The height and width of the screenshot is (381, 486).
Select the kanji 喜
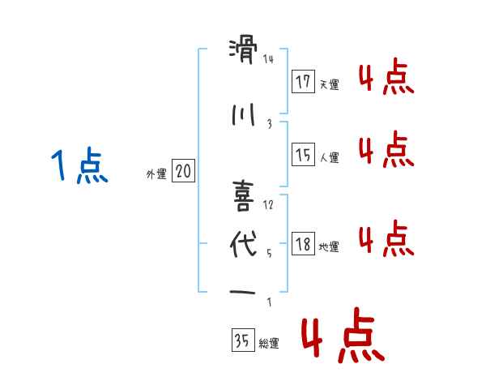pos(244,194)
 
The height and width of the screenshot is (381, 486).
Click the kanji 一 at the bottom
pos(244,292)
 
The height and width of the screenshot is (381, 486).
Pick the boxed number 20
pos(183,171)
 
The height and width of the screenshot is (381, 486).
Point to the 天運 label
pos(329,83)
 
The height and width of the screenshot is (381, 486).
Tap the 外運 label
pos(156,173)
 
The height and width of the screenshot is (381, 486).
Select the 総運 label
pos(269,344)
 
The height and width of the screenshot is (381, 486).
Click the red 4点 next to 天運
pos(386,79)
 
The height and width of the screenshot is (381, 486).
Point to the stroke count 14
pos(268,58)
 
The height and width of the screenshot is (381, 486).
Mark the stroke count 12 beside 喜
pos(268,204)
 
